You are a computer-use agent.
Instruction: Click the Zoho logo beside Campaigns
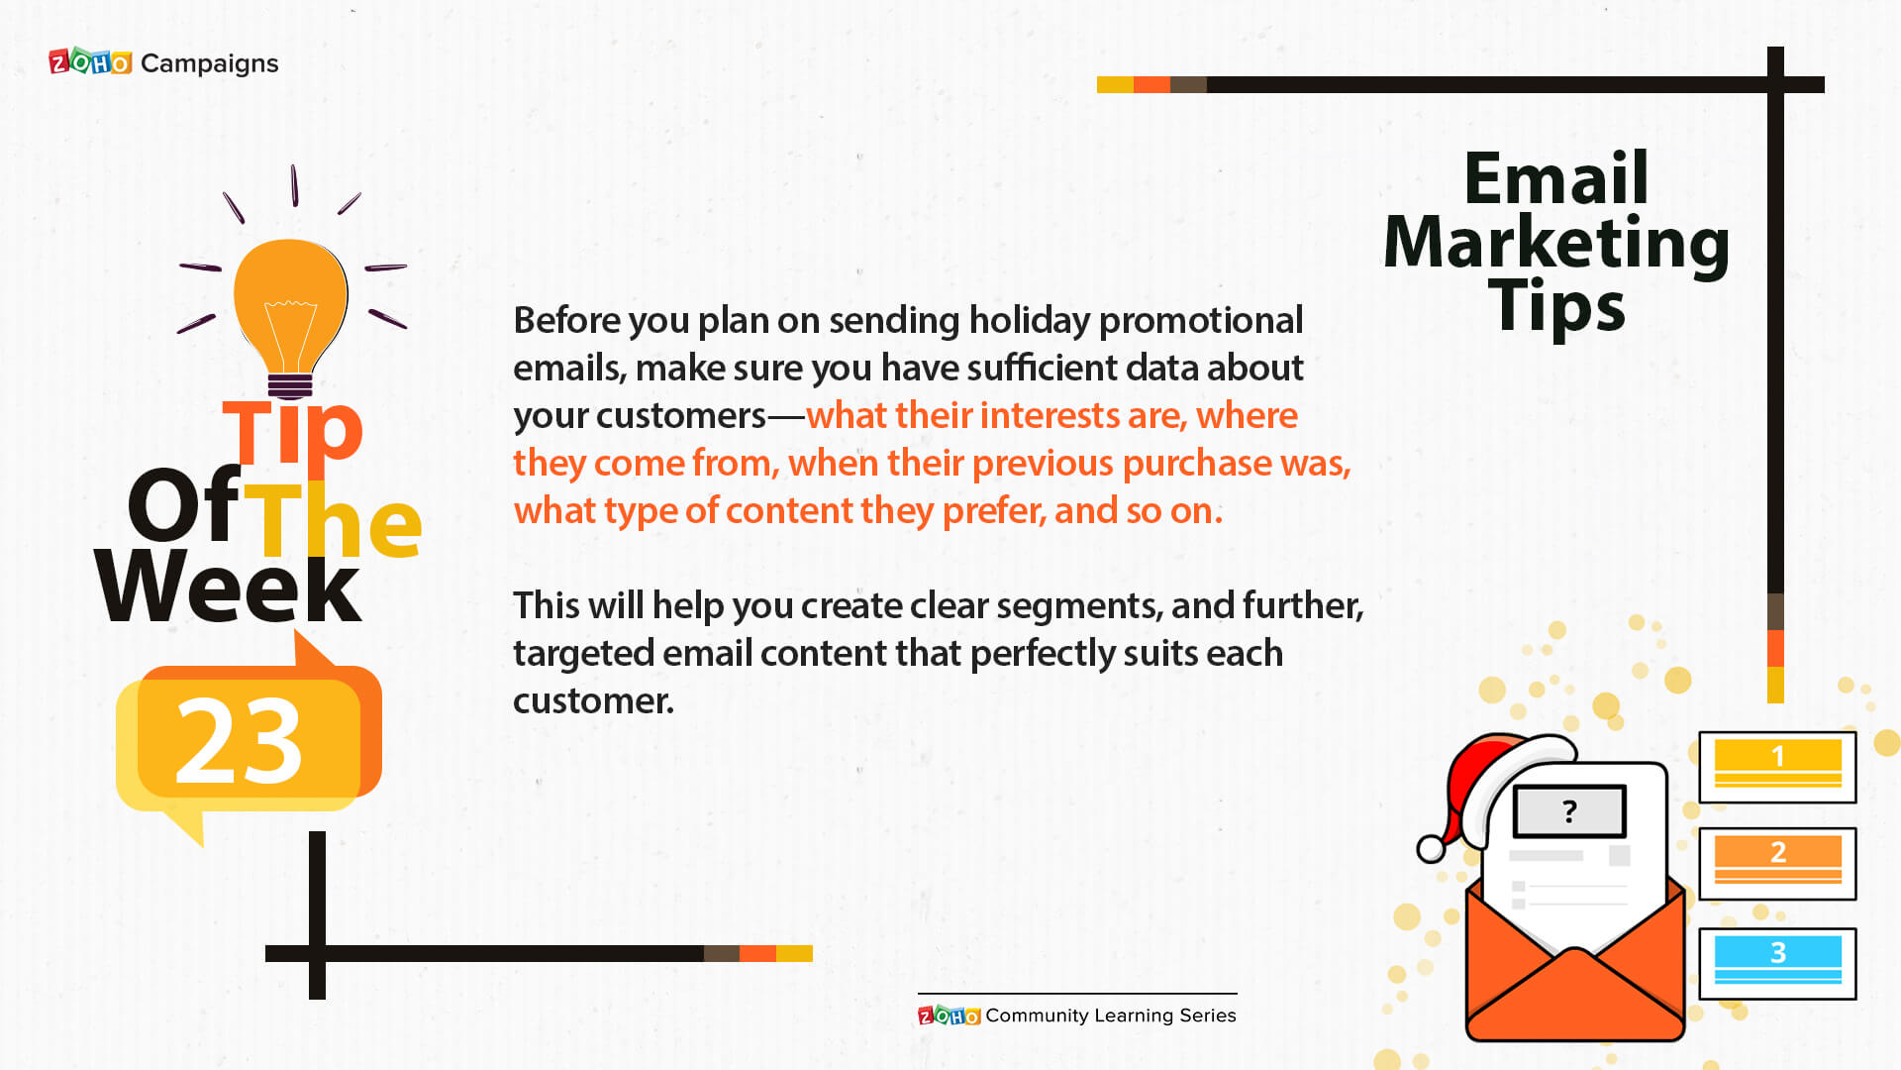(90, 62)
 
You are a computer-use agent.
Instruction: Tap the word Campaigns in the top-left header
(210, 63)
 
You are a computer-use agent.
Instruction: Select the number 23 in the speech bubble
(239, 739)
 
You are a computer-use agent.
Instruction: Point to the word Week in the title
(229, 587)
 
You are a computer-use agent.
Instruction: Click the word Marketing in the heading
(1556, 244)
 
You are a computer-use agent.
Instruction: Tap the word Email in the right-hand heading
(1556, 178)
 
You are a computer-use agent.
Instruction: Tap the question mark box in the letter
(1569, 811)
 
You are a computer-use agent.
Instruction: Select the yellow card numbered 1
(1777, 767)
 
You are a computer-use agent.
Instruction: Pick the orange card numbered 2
(1777, 863)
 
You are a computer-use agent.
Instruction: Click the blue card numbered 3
(1777, 963)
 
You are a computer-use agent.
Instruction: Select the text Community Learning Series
(1111, 1016)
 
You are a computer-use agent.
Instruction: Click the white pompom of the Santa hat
(1431, 849)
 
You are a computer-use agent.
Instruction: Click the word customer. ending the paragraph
(593, 701)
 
